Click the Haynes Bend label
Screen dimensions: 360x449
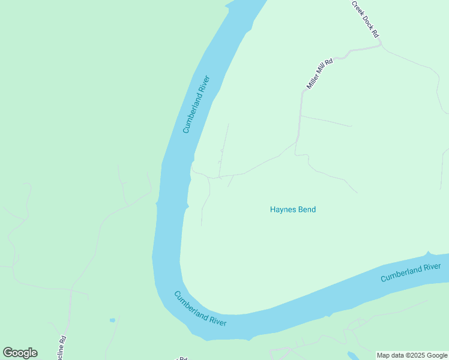(293, 209)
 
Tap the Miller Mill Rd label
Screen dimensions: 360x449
(319, 74)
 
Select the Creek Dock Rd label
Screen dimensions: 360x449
(366, 20)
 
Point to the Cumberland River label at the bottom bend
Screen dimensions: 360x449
(200, 308)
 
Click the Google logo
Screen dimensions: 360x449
(20, 353)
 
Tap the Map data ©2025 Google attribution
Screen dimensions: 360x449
(412, 355)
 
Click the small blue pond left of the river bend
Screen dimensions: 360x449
(112, 320)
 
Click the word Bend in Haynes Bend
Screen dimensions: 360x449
(306, 209)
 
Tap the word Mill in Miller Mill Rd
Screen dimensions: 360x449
(322, 71)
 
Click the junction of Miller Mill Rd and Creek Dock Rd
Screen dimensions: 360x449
(380, 44)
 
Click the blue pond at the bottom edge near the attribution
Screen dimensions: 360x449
(352, 355)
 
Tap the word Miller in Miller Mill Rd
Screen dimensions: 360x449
(313, 83)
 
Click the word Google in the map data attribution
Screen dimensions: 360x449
(436, 355)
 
